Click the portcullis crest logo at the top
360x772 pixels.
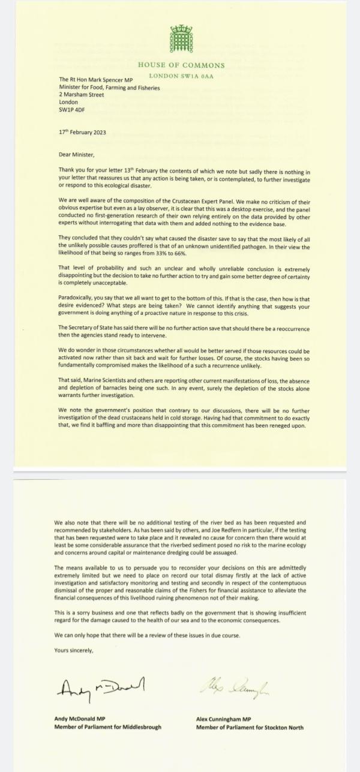(x=181, y=40)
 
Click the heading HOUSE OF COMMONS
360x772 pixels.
(x=181, y=65)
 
